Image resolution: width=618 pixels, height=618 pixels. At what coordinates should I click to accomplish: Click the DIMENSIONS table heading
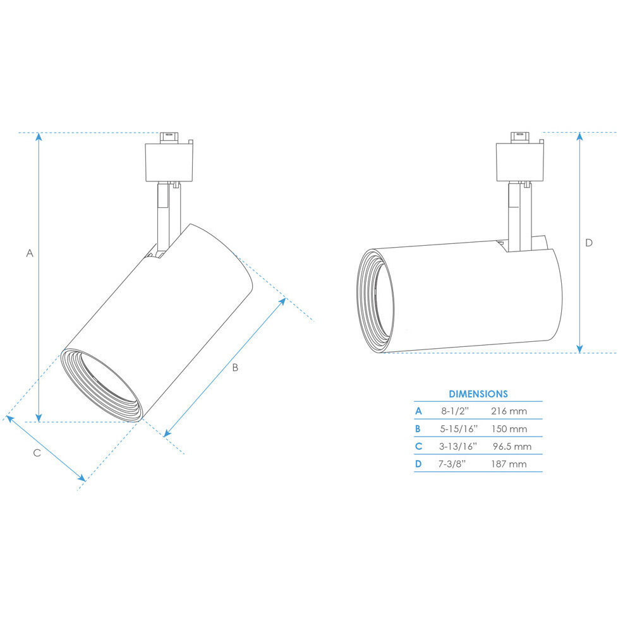coord(478,394)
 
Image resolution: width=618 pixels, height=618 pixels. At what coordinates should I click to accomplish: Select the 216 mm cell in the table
coord(509,411)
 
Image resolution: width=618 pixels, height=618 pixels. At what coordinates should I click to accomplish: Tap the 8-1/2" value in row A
coord(454,411)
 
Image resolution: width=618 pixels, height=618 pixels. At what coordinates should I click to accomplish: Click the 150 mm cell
coord(509,429)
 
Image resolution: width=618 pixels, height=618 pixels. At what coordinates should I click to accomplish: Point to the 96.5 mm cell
coord(511,447)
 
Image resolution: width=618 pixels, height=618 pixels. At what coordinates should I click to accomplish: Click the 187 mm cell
coord(509,464)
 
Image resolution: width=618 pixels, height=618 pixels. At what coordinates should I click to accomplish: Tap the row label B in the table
coord(418,429)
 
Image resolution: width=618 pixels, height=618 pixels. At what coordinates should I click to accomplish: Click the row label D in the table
coord(418,464)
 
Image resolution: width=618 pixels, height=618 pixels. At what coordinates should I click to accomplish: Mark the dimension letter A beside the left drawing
coord(29,253)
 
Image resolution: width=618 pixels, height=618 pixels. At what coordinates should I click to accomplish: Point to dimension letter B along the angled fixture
coord(234,368)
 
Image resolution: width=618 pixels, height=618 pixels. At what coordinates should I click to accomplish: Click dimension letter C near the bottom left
coord(37,452)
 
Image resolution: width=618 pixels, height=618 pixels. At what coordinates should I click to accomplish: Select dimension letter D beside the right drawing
coord(589,243)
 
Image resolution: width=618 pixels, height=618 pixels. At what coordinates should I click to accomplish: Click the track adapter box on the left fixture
coord(169,162)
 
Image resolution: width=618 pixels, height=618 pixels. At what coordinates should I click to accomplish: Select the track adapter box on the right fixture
coord(519,162)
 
